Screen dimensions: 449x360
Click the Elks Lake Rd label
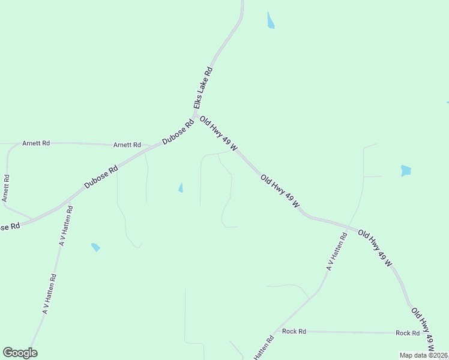(x=203, y=88)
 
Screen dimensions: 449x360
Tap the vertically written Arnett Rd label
(x=6, y=188)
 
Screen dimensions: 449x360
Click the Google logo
(x=20, y=353)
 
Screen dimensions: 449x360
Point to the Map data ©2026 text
(x=423, y=355)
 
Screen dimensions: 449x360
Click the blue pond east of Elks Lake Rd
(x=271, y=20)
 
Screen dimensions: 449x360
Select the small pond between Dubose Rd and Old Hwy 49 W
(x=181, y=188)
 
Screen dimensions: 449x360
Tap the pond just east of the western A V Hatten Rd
(x=95, y=247)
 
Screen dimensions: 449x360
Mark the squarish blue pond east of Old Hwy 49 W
(x=406, y=170)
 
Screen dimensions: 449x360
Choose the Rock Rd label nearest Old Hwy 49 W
(x=408, y=333)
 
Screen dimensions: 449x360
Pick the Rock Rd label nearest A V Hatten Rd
(x=294, y=331)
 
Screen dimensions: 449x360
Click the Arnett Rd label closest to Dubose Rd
(x=127, y=145)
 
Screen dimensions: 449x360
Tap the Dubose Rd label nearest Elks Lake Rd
(x=178, y=133)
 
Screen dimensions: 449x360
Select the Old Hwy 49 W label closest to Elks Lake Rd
(x=219, y=133)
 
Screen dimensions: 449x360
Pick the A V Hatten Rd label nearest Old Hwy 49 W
(x=337, y=252)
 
